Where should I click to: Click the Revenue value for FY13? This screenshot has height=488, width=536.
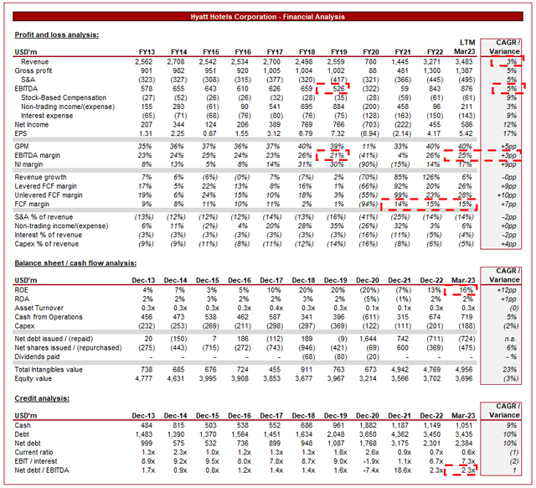point(142,62)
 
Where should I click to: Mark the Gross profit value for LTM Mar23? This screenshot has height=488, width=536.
point(468,71)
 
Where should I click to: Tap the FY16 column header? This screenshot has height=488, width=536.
point(240,52)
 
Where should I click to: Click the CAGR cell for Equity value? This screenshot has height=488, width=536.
point(510,378)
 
